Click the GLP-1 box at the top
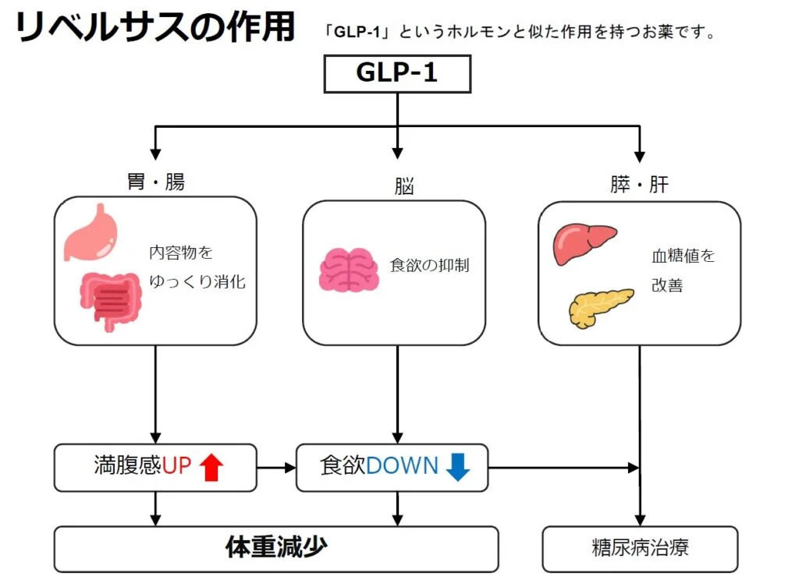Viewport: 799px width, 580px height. [x=397, y=74]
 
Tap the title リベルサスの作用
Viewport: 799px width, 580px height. [x=154, y=28]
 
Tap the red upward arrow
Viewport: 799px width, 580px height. [x=211, y=468]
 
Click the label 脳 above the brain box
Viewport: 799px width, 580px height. [x=404, y=187]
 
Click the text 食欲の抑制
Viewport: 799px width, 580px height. [x=429, y=265]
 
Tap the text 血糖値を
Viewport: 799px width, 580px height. [x=683, y=256]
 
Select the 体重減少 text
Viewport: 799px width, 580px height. [x=275, y=548]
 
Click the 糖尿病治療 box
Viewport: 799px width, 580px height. [x=640, y=548]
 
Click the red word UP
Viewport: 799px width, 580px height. [x=176, y=467]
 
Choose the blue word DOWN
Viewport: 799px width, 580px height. [x=403, y=466]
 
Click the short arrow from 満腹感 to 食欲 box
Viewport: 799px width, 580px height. [x=276, y=468]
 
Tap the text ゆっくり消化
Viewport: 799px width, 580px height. [x=197, y=281]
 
